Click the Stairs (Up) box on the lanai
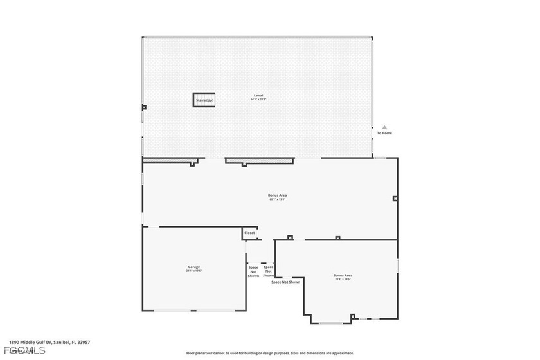[204, 100]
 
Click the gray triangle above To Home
[384, 127]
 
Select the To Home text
[384, 133]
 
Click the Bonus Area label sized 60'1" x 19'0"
[277, 195]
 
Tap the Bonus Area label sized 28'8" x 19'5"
[343, 275]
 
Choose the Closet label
[249, 233]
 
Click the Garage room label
[194, 266]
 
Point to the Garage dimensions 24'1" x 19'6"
[194, 271]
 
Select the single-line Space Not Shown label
[285, 282]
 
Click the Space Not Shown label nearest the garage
[253, 271]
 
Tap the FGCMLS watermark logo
[23, 351]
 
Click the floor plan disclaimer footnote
[270, 353]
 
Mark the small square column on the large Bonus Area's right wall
[395, 199]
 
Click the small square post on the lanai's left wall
[144, 107]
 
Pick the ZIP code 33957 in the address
[84, 343]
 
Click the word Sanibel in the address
[62, 343]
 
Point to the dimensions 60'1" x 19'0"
[277, 199]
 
